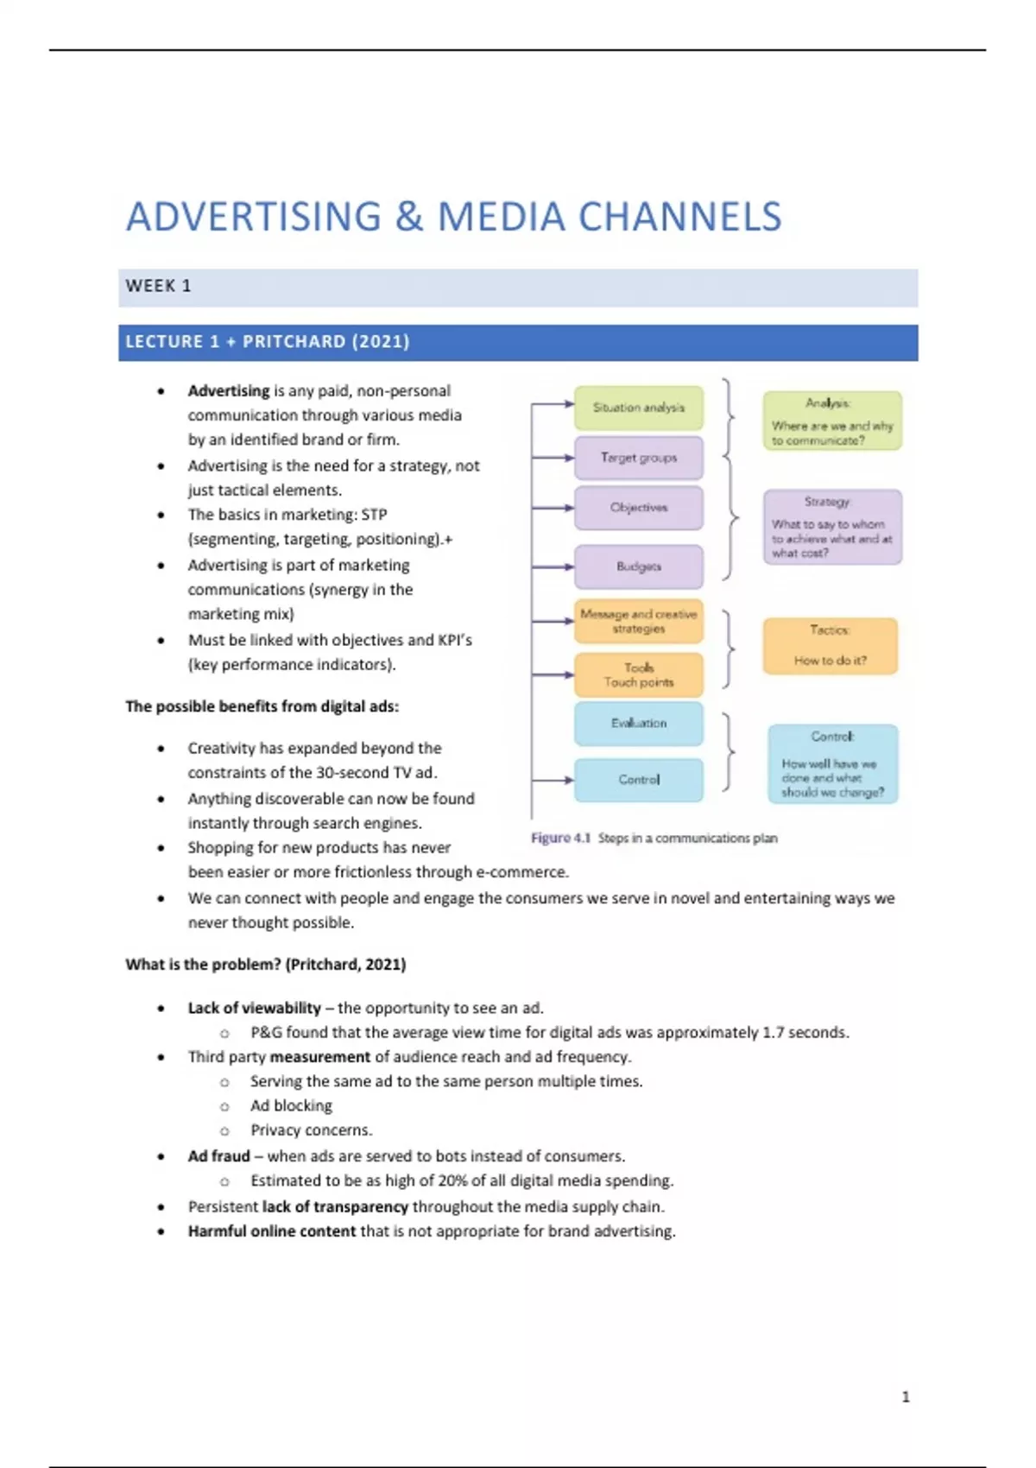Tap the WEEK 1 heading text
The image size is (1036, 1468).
coord(158,286)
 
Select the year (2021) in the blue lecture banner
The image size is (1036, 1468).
coord(380,342)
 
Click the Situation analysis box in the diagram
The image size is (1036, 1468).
coord(638,408)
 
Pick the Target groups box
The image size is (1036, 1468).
coord(638,458)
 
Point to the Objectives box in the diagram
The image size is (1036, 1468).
coord(638,508)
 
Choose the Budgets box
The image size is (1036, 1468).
coord(638,566)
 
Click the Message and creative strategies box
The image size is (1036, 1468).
coord(638,621)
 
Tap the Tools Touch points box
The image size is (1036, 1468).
coord(638,674)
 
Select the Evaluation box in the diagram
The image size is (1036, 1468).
coord(638,724)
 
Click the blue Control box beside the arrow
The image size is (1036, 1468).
coord(638,779)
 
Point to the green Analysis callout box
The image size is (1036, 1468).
coord(831,421)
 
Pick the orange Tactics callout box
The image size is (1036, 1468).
coord(830,646)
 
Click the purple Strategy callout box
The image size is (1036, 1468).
coord(831,527)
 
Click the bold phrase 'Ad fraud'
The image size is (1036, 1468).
coord(218,1156)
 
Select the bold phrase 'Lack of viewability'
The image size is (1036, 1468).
coord(254,1008)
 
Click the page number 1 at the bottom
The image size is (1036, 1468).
coord(906,1396)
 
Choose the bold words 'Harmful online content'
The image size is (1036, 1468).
coord(271,1231)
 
